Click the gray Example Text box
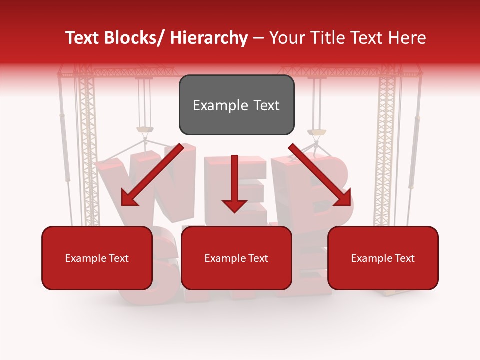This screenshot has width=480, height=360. pos(236,105)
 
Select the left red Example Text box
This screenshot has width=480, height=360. pos(97,258)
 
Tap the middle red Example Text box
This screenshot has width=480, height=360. pos(236,258)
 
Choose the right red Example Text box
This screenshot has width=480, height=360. pos(383,258)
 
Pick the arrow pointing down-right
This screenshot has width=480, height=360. pos(320,175)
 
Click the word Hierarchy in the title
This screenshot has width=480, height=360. pos(209,38)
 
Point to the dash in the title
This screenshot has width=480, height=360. pos(258,38)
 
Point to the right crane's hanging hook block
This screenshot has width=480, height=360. pos(316,132)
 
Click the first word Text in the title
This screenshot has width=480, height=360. pos(84,38)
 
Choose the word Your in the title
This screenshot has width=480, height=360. pos(285,38)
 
